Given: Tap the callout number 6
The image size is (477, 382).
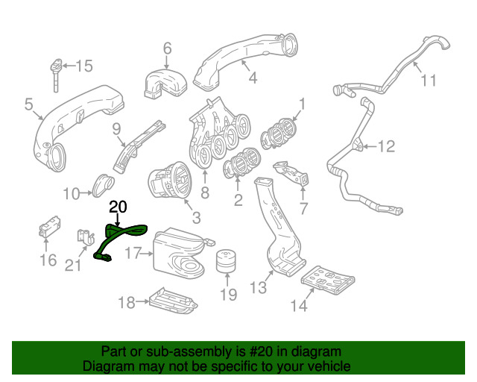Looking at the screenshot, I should tap(167, 48).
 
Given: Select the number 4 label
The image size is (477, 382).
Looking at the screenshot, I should tap(253, 77).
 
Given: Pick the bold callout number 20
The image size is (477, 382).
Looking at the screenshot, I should tap(119, 207).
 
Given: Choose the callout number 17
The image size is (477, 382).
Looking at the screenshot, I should tap(133, 253).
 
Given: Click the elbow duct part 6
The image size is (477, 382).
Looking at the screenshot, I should tap(166, 80).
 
